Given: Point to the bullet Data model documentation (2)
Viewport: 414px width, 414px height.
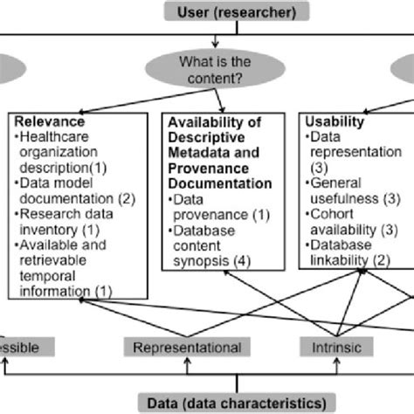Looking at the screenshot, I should pos(74,191).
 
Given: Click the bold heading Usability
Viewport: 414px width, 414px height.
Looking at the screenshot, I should pos(327,122).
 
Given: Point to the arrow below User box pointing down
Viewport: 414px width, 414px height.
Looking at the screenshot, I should pos(213,38).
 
